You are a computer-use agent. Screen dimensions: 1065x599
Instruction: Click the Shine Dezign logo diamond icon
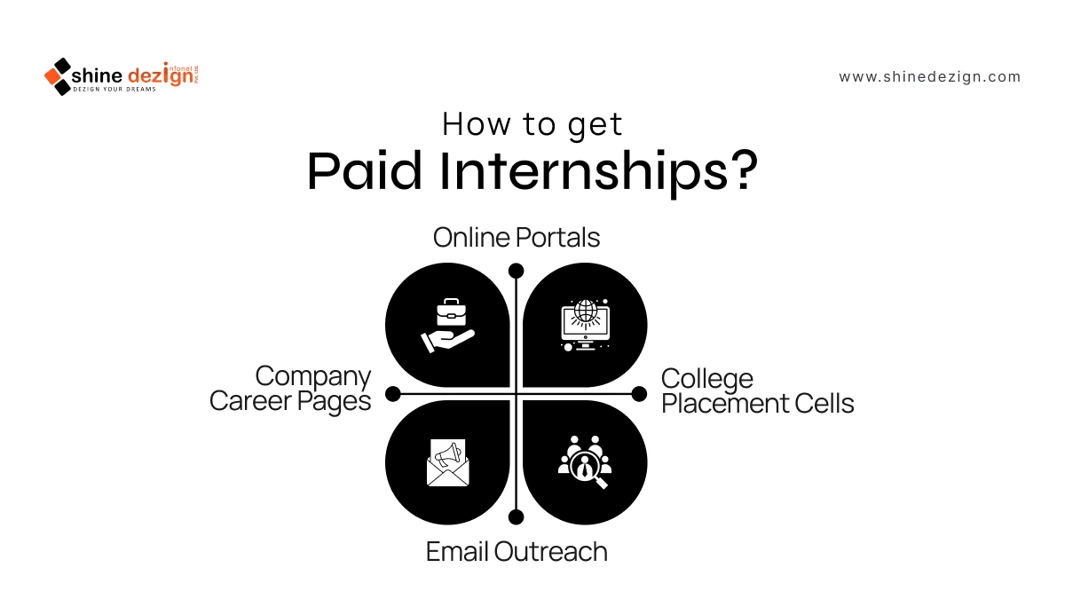tap(58, 76)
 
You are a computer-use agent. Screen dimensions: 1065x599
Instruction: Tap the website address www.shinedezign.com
tap(929, 77)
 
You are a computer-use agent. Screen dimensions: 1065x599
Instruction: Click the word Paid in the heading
tap(365, 171)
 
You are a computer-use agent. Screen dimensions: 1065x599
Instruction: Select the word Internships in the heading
tap(583, 172)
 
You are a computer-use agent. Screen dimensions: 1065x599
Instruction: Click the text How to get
tap(532, 124)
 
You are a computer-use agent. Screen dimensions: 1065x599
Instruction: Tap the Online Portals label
tap(517, 237)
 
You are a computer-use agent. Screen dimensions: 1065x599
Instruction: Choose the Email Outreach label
tap(517, 551)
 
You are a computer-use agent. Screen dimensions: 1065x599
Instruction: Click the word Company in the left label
tap(312, 377)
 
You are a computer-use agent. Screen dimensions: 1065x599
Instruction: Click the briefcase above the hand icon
tap(451, 312)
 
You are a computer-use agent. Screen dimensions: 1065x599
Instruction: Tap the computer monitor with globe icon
tap(585, 325)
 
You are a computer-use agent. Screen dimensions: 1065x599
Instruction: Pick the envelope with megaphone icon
tap(448, 462)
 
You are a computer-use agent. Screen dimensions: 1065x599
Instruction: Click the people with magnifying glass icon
tap(585, 462)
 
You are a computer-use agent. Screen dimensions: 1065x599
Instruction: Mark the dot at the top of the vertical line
tap(516, 271)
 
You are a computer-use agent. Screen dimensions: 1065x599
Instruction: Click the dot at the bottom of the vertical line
tap(516, 516)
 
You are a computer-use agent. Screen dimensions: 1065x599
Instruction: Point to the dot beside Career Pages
tap(392, 394)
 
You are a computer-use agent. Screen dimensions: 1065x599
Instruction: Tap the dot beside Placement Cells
tap(639, 394)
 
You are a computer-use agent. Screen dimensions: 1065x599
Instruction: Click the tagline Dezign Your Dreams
tap(114, 90)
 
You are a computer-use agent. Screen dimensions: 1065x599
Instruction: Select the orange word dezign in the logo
tap(162, 76)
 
